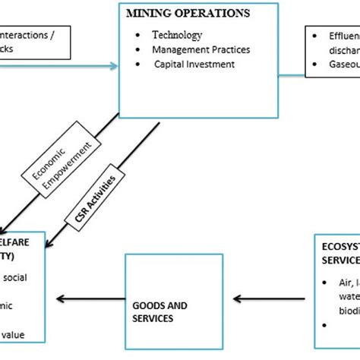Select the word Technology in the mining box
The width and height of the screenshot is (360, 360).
coord(177,36)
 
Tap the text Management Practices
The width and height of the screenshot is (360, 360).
coord(201,50)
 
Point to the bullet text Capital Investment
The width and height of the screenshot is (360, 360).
coord(194,64)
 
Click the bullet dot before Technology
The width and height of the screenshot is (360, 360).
coord(135,36)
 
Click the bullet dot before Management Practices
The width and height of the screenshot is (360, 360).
coord(135,50)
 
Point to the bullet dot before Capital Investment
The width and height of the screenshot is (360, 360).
coord(135,64)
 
